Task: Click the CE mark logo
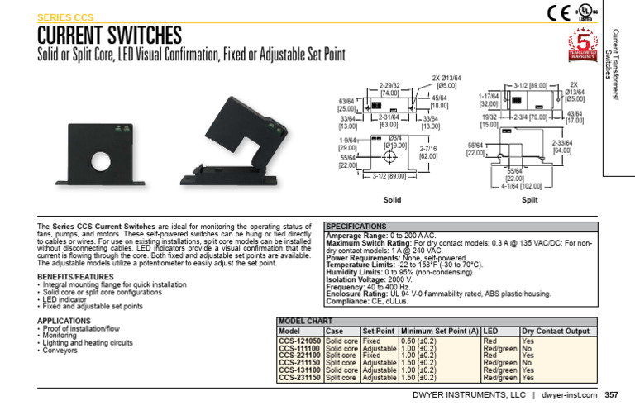(558, 12)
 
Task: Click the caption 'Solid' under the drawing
(392, 200)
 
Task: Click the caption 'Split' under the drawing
(529, 200)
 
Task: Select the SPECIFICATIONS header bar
(356, 226)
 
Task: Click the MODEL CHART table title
(305, 321)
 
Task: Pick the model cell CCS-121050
(299, 341)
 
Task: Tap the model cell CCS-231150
(299, 378)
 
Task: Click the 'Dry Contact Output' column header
(556, 331)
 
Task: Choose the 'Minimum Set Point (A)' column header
(439, 331)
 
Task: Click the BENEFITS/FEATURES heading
(75, 276)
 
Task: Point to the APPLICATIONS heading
(64, 321)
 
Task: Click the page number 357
(611, 395)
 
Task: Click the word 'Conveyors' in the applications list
(61, 351)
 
